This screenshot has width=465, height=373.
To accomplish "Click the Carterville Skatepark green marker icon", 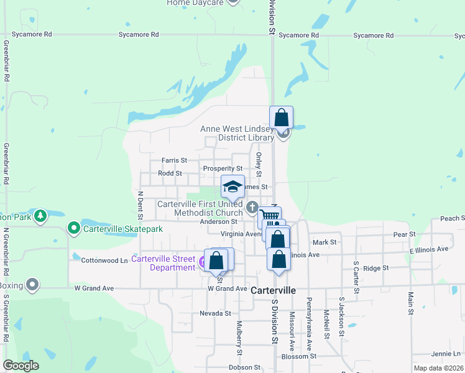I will tap(74, 229).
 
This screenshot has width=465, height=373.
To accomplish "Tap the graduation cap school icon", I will tap(232, 186).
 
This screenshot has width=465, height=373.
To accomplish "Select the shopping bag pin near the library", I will tap(281, 117).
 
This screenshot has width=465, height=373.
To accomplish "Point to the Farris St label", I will tap(174, 160).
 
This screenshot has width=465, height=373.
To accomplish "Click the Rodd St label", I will tap(170, 173).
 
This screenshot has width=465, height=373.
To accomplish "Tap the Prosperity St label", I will tap(222, 168).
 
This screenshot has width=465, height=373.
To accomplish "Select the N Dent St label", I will tap(140, 201).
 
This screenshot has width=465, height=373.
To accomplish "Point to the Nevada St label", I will tap(215, 313).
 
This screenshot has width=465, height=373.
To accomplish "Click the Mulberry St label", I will tap(239, 338).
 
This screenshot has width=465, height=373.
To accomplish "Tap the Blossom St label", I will tap(299, 356).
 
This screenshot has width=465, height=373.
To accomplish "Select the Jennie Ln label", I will tap(448, 354).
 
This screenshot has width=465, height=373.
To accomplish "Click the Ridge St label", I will tap(375, 268).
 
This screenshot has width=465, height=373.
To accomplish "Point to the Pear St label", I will tap(404, 234).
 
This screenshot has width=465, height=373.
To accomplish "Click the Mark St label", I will tap(325, 242).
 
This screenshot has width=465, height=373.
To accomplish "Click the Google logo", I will tap(21, 366).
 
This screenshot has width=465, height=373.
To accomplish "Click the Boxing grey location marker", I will tap(32, 285).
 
